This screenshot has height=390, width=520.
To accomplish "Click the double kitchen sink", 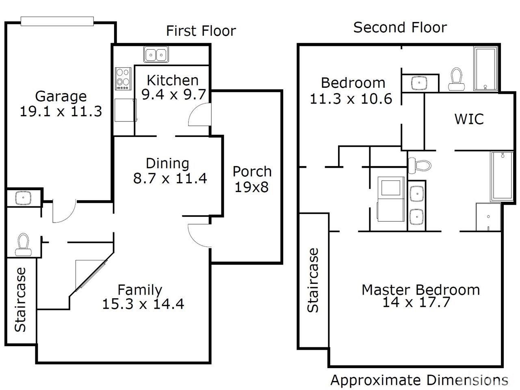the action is [156, 54].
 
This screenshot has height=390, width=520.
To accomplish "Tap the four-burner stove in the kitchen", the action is [123, 79].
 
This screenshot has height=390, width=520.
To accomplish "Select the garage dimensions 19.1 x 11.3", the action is [61, 111].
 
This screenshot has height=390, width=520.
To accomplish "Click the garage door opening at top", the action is [57, 21].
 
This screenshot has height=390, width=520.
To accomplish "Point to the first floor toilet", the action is [23, 245].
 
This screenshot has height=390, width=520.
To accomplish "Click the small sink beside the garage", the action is [23, 198].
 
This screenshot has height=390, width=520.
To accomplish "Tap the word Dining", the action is [167, 164].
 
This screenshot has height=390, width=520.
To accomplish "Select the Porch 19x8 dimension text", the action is [251, 187].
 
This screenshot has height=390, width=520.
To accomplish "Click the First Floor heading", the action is [201, 31].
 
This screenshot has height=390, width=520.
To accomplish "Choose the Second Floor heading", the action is [400, 28].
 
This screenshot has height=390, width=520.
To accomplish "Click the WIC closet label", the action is [469, 119].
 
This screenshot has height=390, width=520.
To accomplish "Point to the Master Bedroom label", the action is [421, 290].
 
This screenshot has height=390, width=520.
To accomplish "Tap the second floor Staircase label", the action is [313, 280].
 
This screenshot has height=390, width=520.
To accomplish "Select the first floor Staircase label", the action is [20, 299].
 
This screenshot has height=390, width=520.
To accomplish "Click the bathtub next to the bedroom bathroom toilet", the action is [485, 69].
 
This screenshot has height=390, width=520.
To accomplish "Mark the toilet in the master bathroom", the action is [420, 165].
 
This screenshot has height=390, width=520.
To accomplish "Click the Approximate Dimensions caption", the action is [419, 380].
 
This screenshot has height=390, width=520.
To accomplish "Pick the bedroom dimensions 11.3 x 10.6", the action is [351, 99].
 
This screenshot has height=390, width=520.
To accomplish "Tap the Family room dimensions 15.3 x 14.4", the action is [143, 304].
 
